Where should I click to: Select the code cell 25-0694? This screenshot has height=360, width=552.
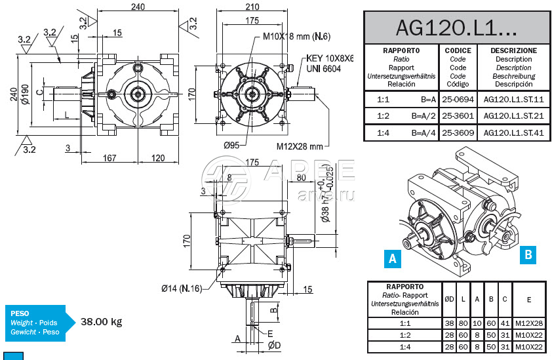point(458,99)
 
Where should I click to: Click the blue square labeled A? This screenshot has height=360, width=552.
point(393,258)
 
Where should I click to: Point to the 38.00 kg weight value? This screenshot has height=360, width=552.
point(102,322)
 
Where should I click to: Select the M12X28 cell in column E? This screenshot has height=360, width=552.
point(528,323)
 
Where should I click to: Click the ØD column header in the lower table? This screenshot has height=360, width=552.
point(450,299)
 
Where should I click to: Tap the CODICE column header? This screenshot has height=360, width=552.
point(458,50)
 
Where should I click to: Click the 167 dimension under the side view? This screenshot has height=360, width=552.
point(109,157)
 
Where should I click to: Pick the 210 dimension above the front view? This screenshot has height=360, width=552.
point(252,7)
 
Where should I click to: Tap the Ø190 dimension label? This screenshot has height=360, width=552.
point(24,94)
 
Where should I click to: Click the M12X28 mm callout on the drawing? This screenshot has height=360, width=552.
point(300,146)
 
